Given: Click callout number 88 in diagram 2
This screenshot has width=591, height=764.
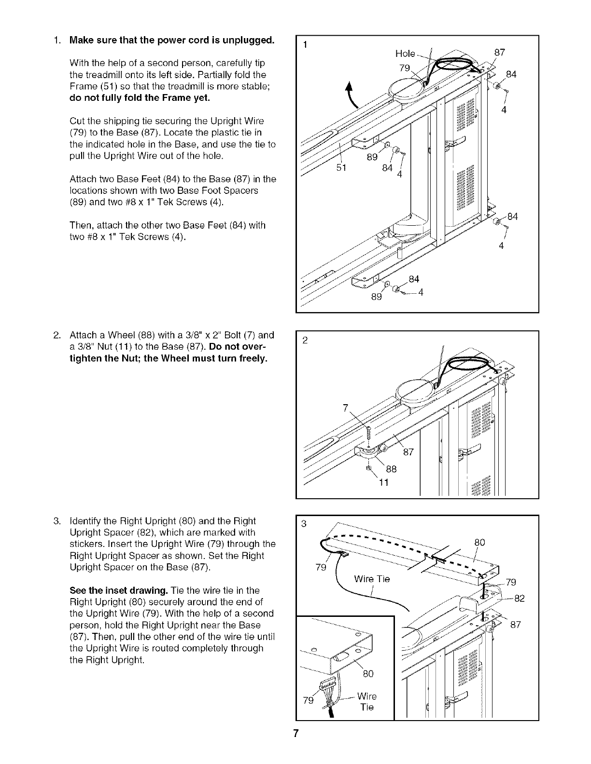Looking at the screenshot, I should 391,469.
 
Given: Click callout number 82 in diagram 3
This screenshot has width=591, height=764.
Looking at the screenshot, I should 519,599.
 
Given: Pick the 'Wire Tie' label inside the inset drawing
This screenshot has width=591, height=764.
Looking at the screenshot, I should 366,702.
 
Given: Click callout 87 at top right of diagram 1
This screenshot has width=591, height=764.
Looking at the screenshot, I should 500,52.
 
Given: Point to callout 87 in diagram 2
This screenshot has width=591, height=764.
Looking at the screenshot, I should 408,452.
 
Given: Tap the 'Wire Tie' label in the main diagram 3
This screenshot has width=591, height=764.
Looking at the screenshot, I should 371,579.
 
